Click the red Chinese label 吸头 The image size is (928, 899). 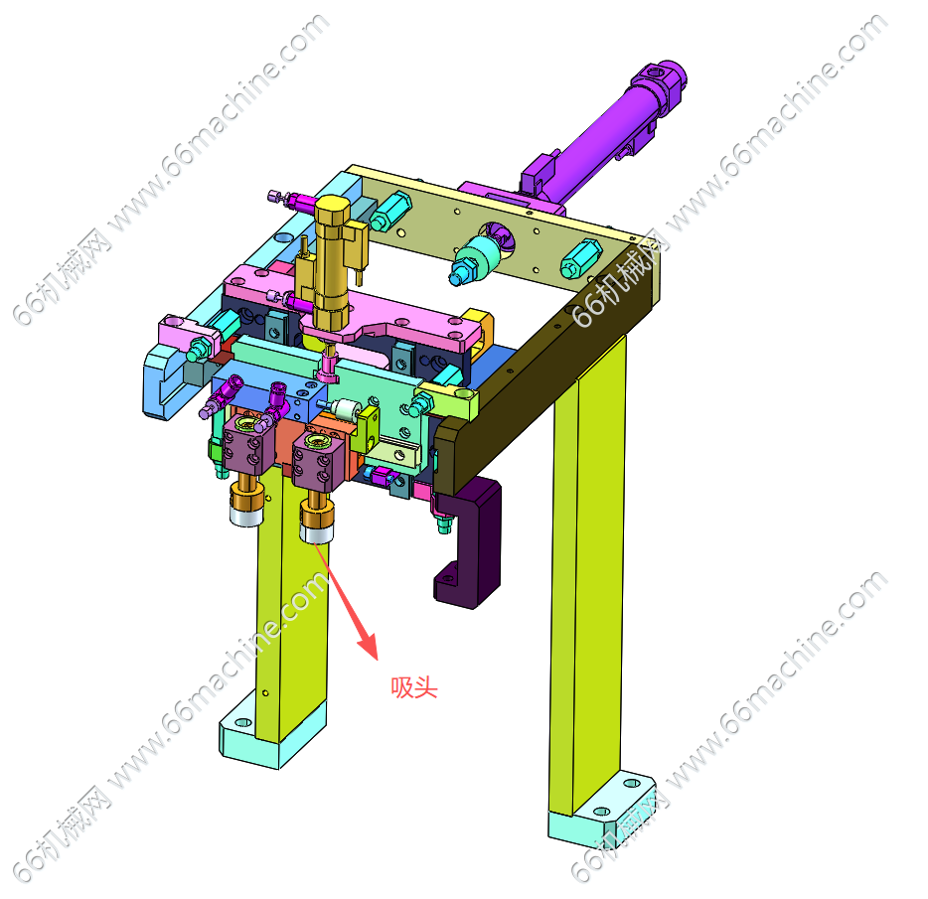[413, 687]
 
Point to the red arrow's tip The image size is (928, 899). [376, 659]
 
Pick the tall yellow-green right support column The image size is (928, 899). [588, 574]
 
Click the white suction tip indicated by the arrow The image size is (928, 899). [317, 532]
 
